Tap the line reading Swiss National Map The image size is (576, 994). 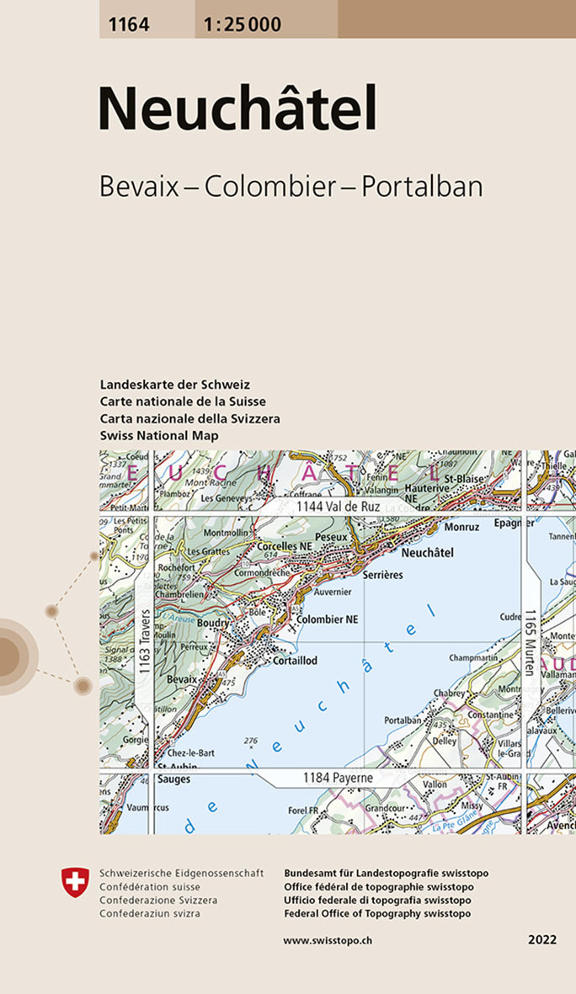[158, 435]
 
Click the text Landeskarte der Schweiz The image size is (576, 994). [174, 385]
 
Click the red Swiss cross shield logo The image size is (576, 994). [75, 882]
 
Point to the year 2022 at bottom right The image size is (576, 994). [542, 939]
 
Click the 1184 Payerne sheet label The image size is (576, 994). [337, 779]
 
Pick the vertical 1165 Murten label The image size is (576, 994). [530, 642]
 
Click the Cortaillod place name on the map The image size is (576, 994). [295, 661]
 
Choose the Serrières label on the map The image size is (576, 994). [382, 574]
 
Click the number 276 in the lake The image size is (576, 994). [250, 740]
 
